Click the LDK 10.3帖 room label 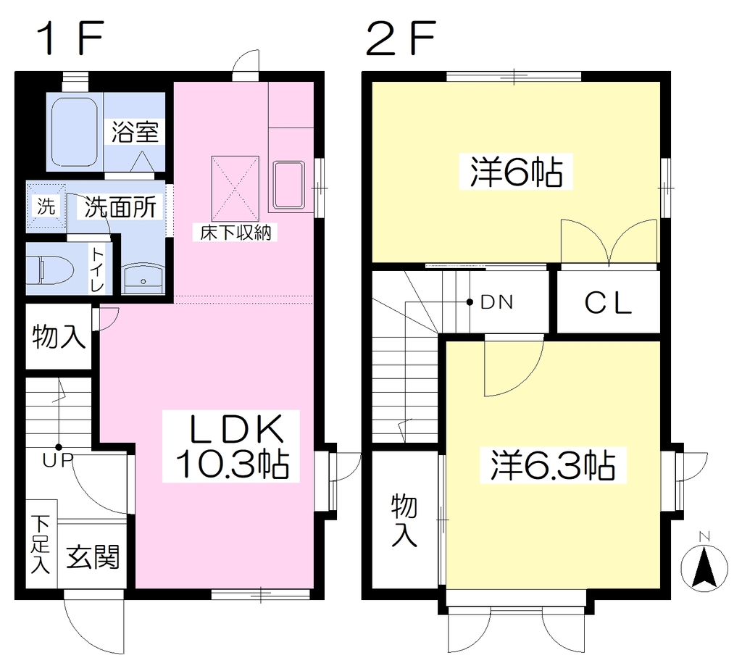[231, 446]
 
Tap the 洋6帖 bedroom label [516, 172]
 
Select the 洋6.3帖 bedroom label [553, 465]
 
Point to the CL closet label [608, 303]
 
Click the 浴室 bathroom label [135, 132]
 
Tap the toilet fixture [50, 270]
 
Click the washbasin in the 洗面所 [143, 280]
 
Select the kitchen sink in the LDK [288, 186]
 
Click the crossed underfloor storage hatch [235, 188]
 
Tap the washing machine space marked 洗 [46, 206]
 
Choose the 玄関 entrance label [93, 557]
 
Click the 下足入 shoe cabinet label [41, 543]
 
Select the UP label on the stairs [58, 459]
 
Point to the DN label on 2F [497, 302]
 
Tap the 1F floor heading [72, 39]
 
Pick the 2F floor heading [400, 39]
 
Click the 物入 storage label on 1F [59, 336]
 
